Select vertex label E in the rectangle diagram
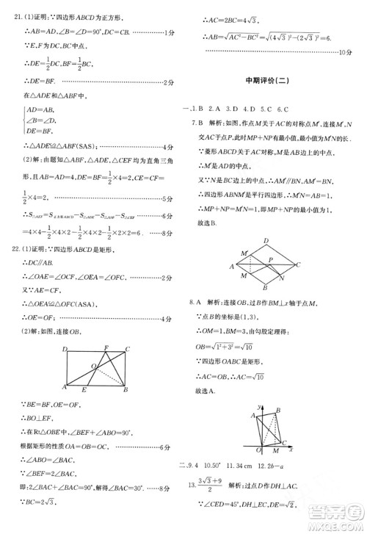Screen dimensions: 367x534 [85, 392]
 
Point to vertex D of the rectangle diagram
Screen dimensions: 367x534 [65, 348]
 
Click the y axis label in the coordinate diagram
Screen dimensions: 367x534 [261, 406]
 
